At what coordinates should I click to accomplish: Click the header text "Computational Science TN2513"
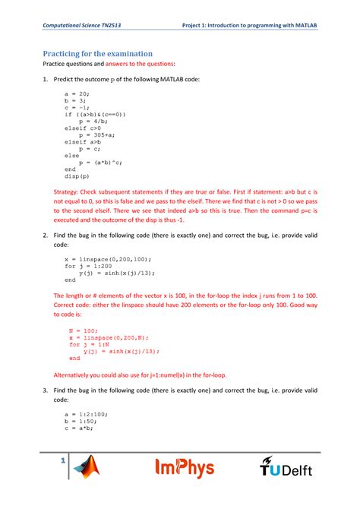coord(83,25)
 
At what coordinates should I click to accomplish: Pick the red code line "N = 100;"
coord(84,330)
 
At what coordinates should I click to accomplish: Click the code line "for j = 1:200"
coord(87,266)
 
